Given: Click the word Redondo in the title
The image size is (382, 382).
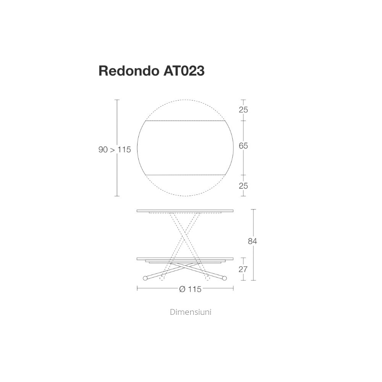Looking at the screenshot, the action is [129, 71].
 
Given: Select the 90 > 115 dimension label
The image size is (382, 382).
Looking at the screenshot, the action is [115, 150].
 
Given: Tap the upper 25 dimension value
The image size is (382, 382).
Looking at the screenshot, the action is [243, 110].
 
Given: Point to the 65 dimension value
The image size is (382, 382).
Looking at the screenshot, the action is [243, 146].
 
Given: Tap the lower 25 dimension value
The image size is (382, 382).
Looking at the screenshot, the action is [243, 186].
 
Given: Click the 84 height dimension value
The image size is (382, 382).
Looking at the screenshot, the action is [253, 241].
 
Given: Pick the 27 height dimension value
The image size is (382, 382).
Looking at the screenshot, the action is [243, 269].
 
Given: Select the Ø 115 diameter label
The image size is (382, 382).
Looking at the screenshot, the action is [190, 289].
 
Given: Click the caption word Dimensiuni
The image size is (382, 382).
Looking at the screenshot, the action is [191, 312].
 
